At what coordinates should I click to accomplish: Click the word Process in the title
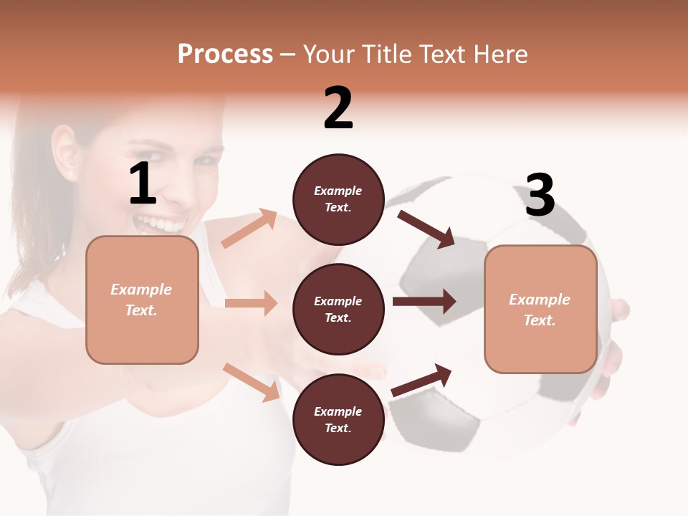pyautogui.click(x=225, y=54)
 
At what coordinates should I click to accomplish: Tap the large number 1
pyautogui.click(x=143, y=184)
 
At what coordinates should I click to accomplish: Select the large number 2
pyautogui.click(x=338, y=108)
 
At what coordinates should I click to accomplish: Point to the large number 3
pyautogui.click(x=540, y=195)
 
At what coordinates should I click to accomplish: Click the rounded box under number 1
pyautogui.click(x=142, y=300)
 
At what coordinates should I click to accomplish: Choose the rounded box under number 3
pyautogui.click(x=540, y=310)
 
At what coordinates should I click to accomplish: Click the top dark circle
pyautogui.click(x=338, y=199)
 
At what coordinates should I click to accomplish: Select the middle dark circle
pyautogui.click(x=338, y=309)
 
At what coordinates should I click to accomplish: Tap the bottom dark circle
pyautogui.click(x=338, y=419)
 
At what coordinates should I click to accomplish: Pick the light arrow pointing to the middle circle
pyautogui.click(x=251, y=303)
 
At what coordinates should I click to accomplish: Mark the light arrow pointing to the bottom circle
pyautogui.click(x=251, y=382)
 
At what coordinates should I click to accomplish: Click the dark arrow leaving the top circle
pyautogui.click(x=426, y=229)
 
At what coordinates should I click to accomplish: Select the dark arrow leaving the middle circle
pyautogui.click(x=424, y=302)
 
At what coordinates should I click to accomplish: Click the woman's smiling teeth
pyautogui.click(x=159, y=224)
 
